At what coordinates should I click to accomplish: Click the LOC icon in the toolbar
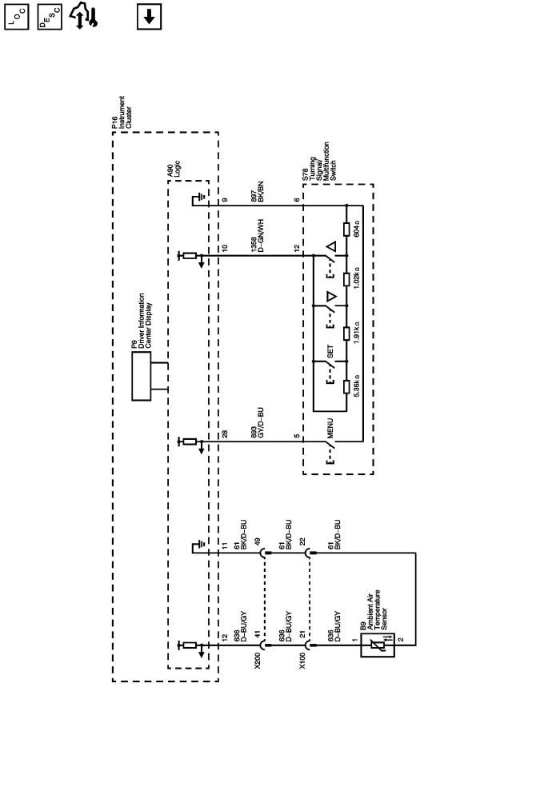click(x=19, y=17)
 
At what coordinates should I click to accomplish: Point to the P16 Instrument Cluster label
click(x=118, y=112)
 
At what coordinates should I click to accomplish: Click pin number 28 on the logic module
click(x=226, y=434)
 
